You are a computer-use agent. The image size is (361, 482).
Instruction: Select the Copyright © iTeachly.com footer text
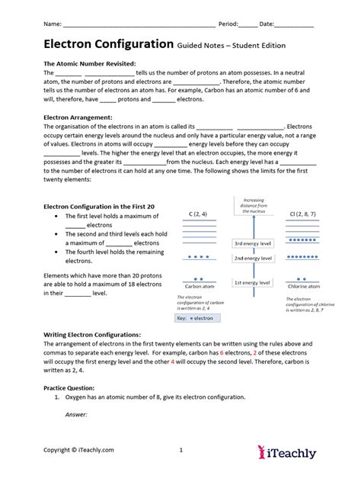click(78, 450)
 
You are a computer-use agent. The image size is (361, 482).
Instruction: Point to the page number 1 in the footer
click(180, 450)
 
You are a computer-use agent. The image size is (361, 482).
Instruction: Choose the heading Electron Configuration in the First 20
click(100, 206)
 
